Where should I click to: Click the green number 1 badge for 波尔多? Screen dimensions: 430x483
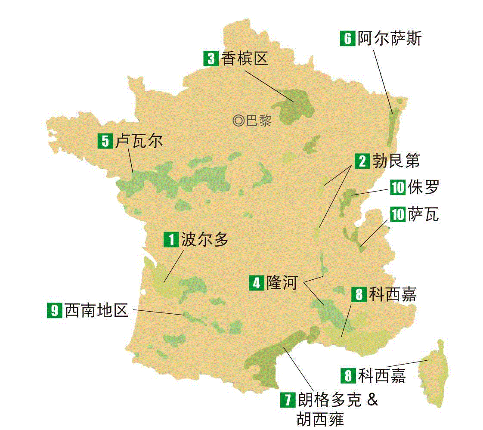tap(171, 240)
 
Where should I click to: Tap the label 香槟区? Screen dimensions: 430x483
tap(245, 58)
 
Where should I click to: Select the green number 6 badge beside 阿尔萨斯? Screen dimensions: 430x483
tap(347, 38)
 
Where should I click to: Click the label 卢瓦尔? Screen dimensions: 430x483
tap(139, 141)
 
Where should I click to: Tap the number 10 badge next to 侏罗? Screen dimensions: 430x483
tap(398, 188)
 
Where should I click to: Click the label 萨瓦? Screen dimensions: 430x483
tap(424, 214)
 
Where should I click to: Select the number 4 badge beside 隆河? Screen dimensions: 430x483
tap(257, 283)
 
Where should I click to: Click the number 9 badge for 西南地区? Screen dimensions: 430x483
tap(54, 310)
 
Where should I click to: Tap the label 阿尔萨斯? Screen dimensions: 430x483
tap(389, 38)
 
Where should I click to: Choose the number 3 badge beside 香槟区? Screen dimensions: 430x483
tap(211, 58)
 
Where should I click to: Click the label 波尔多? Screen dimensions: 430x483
tap(205, 239)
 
